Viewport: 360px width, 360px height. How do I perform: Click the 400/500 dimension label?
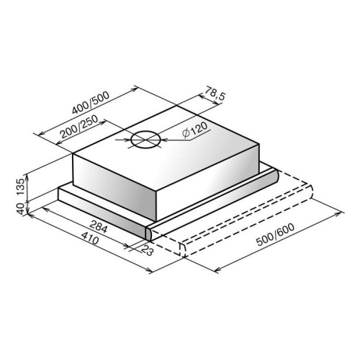click(91, 102)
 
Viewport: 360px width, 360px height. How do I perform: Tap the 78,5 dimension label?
click(215, 93)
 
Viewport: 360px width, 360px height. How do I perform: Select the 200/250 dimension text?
click(79, 127)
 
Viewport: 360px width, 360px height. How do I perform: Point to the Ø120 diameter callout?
click(194, 130)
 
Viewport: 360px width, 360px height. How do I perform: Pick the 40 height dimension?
click(21, 208)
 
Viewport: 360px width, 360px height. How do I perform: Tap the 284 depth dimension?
click(98, 227)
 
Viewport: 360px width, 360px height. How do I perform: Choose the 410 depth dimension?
click(90, 238)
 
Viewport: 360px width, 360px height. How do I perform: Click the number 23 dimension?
click(147, 251)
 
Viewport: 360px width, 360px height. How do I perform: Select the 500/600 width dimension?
click(275, 235)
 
